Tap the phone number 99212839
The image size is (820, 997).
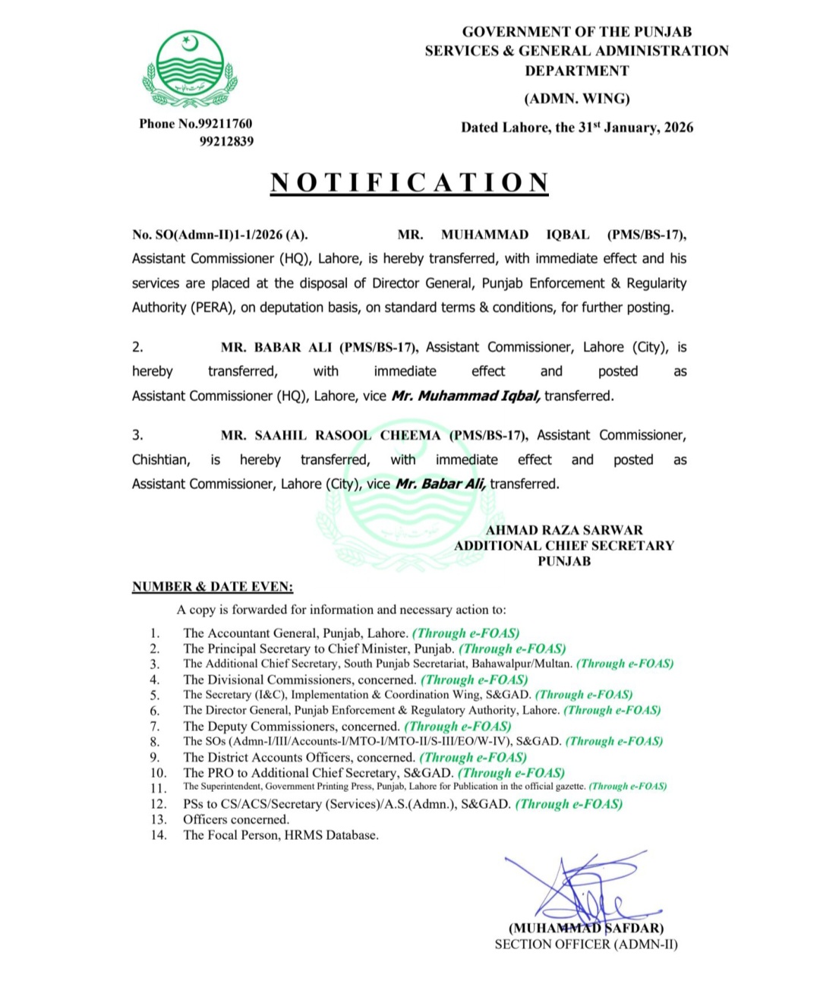226,142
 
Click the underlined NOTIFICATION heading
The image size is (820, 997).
410,183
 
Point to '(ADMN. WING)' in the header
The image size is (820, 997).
577,99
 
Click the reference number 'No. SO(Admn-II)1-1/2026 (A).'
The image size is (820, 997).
220,235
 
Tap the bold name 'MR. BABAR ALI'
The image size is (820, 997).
276,348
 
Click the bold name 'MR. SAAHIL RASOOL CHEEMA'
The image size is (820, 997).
331,436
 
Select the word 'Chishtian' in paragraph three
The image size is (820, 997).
160,460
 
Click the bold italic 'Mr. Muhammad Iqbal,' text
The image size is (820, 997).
466,396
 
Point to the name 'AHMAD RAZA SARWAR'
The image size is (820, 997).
564,530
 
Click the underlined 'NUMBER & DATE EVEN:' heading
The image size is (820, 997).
213,587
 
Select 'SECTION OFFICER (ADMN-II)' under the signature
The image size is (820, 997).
586,945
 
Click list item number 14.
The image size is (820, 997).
158,835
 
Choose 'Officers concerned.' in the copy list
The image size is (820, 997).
236,820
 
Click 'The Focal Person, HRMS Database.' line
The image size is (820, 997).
281,835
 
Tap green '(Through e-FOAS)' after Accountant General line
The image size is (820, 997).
465,633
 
